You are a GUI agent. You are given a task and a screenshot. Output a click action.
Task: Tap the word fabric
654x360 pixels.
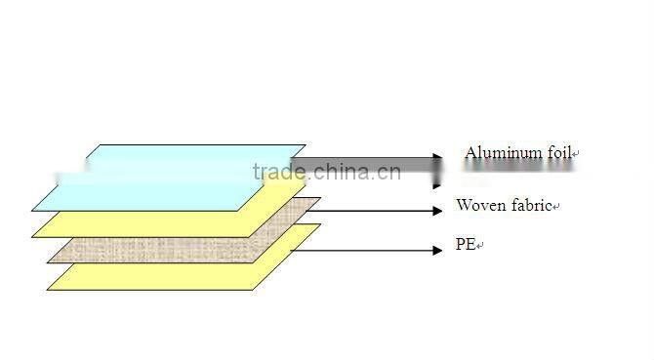pos(530,206)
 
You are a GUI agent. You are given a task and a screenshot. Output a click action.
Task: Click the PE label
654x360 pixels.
pos(465,245)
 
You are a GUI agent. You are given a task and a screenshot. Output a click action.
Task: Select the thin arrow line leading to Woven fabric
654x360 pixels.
pos(371,210)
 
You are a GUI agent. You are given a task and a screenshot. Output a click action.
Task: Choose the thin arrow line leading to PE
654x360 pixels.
pos(361,251)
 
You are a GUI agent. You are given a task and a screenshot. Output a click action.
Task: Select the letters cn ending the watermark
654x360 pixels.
pos(388,173)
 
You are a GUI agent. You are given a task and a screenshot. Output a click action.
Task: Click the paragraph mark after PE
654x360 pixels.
pos(480,247)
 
